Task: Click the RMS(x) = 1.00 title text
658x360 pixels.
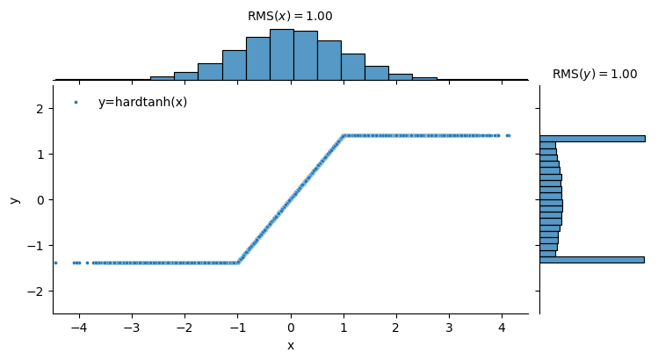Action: pyautogui.click(x=290, y=16)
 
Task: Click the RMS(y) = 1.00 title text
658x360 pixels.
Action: pyautogui.click(x=595, y=75)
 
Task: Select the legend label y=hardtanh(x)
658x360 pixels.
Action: pyautogui.click(x=142, y=102)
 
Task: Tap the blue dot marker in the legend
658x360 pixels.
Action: pyautogui.click(x=76, y=102)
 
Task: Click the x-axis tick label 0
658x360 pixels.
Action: pyautogui.click(x=291, y=328)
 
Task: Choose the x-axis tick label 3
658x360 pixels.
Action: pyautogui.click(x=449, y=328)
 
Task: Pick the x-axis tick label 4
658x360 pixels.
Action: pyautogui.click(x=502, y=328)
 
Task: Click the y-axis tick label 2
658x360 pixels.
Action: pyautogui.click(x=40, y=108)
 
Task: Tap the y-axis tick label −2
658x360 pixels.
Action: pyautogui.click(x=36, y=291)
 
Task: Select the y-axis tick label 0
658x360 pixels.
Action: pyautogui.click(x=40, y=199)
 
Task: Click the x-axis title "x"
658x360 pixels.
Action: pyautogui.click(x=291, y=346)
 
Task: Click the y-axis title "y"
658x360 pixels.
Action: pyautogui.click(x=14, y=199)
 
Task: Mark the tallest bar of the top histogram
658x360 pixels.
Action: pyautogui.click(x=281, y=54)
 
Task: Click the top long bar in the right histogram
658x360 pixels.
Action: pyautogui.click(x=592, y=138)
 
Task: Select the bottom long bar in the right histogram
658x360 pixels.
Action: pyautogui.click(x=591, y=260)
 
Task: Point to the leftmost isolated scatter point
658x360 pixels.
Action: pyautogui.click(x=55, y=263)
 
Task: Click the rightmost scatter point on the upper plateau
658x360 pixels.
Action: pyautogui.click(x=509, y=135)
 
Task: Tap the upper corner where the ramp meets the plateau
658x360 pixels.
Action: pyautogui.click(x=343, y=135)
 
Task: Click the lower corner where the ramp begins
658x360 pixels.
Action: pyautogui.click(x=238, y=263)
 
